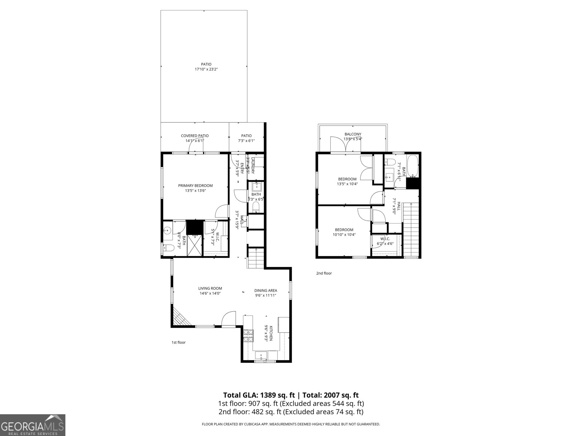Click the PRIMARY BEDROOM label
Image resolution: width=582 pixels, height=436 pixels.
195,185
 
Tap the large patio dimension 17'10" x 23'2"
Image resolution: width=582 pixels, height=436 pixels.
206,69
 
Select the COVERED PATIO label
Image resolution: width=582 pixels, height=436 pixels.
195,136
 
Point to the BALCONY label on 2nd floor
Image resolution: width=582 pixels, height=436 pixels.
352,134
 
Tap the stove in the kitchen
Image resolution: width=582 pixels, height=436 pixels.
248,335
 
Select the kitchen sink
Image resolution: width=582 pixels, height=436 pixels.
261,355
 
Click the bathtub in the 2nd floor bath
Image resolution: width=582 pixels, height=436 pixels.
413,166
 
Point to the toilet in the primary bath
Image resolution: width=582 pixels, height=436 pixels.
168,249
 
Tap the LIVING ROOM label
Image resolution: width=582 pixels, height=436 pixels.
210,288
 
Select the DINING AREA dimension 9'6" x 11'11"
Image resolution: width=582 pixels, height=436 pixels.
265,295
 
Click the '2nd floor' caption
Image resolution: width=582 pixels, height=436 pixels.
324,273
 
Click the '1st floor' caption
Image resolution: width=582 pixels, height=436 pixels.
178,342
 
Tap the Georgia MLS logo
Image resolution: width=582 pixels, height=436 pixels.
32,425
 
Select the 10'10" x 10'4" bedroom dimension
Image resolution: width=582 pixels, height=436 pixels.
344,235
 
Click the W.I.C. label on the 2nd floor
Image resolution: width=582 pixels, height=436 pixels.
385,239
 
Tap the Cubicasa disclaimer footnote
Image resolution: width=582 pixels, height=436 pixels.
291,424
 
